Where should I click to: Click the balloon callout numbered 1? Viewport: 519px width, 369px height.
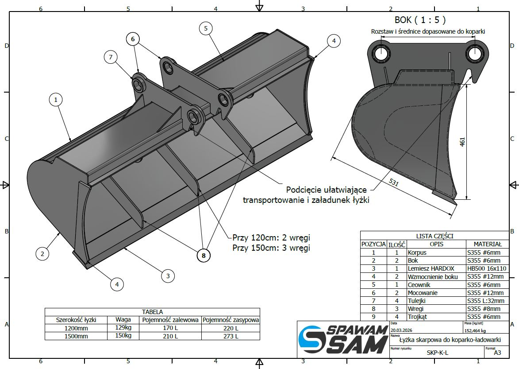56,99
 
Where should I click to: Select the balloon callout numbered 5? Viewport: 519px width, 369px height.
206,28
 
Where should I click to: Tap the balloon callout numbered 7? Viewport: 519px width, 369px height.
111,57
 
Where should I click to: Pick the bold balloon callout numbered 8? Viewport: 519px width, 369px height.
204,256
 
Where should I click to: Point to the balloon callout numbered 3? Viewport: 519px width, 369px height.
168,276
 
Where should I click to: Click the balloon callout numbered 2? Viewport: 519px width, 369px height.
42,254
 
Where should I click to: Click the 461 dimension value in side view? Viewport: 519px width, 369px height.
462,141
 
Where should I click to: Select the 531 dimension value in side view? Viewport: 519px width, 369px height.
393,182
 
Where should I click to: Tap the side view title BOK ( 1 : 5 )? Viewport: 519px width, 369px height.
420,20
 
